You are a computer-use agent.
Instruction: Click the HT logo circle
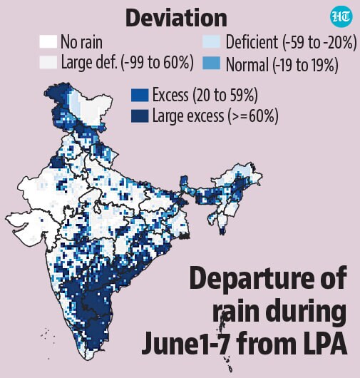341,16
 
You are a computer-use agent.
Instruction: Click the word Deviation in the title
176,19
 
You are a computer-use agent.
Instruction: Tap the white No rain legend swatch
48,41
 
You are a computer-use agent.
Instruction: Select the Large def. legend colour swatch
48,62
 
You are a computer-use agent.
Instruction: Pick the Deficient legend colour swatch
211,41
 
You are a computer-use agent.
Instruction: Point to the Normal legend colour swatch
211,63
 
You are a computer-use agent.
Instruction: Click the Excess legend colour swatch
140,95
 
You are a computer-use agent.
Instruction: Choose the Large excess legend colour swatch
140,116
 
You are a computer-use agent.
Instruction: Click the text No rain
81,42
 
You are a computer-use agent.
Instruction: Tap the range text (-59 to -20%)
319,42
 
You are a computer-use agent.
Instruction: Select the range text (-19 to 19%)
305,65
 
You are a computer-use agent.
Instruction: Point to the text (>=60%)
252,116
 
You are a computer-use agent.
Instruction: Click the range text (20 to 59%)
225,95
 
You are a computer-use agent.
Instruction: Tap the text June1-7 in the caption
185,343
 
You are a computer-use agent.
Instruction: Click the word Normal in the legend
247,65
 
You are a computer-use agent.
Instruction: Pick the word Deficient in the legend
252,42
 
